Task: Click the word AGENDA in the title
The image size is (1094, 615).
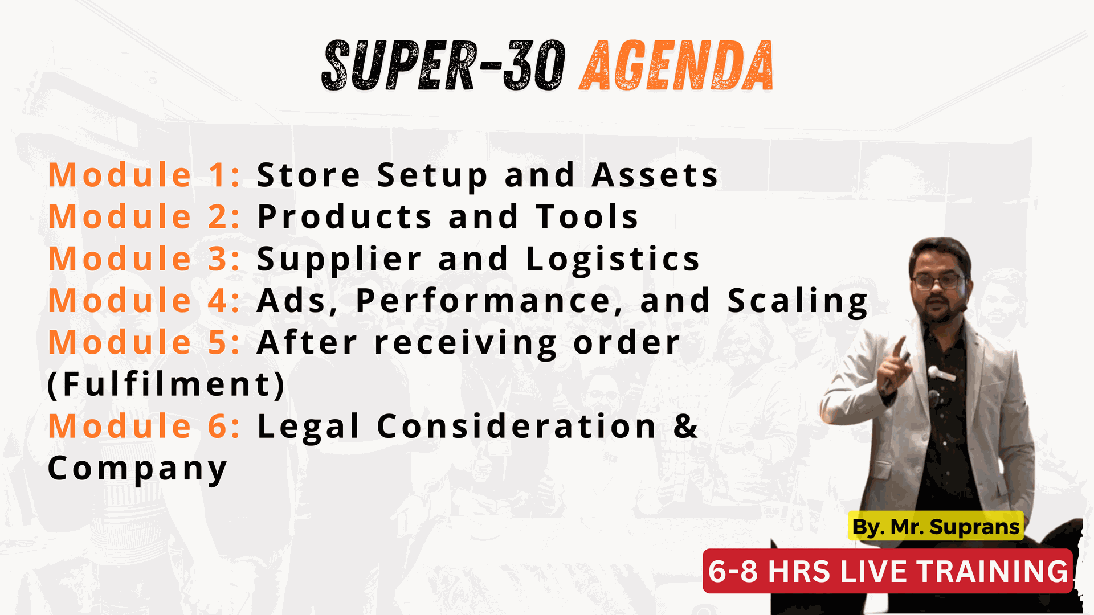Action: pos(676,65)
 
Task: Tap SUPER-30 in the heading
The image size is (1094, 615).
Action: pos(444,65)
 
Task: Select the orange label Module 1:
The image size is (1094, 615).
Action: pos(144,175)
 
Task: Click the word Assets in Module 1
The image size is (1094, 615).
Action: pos(655,175)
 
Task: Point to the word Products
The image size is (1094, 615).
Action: pos(345,217)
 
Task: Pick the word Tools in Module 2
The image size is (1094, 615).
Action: pos(587,217)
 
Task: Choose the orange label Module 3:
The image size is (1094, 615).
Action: pos(144,259)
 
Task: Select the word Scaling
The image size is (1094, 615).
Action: pos(798,302)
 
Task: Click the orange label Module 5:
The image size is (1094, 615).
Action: pos(144,343)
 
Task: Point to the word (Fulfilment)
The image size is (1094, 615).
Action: pos(166,384)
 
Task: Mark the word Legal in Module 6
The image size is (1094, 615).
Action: pos(308,427)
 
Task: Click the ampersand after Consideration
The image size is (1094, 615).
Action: pos(685,426)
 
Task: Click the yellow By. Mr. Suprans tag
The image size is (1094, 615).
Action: pos(936,527)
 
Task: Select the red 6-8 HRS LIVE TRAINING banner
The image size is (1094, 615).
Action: pos(888,571)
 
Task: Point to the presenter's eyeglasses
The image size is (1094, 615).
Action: pos(938,281)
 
